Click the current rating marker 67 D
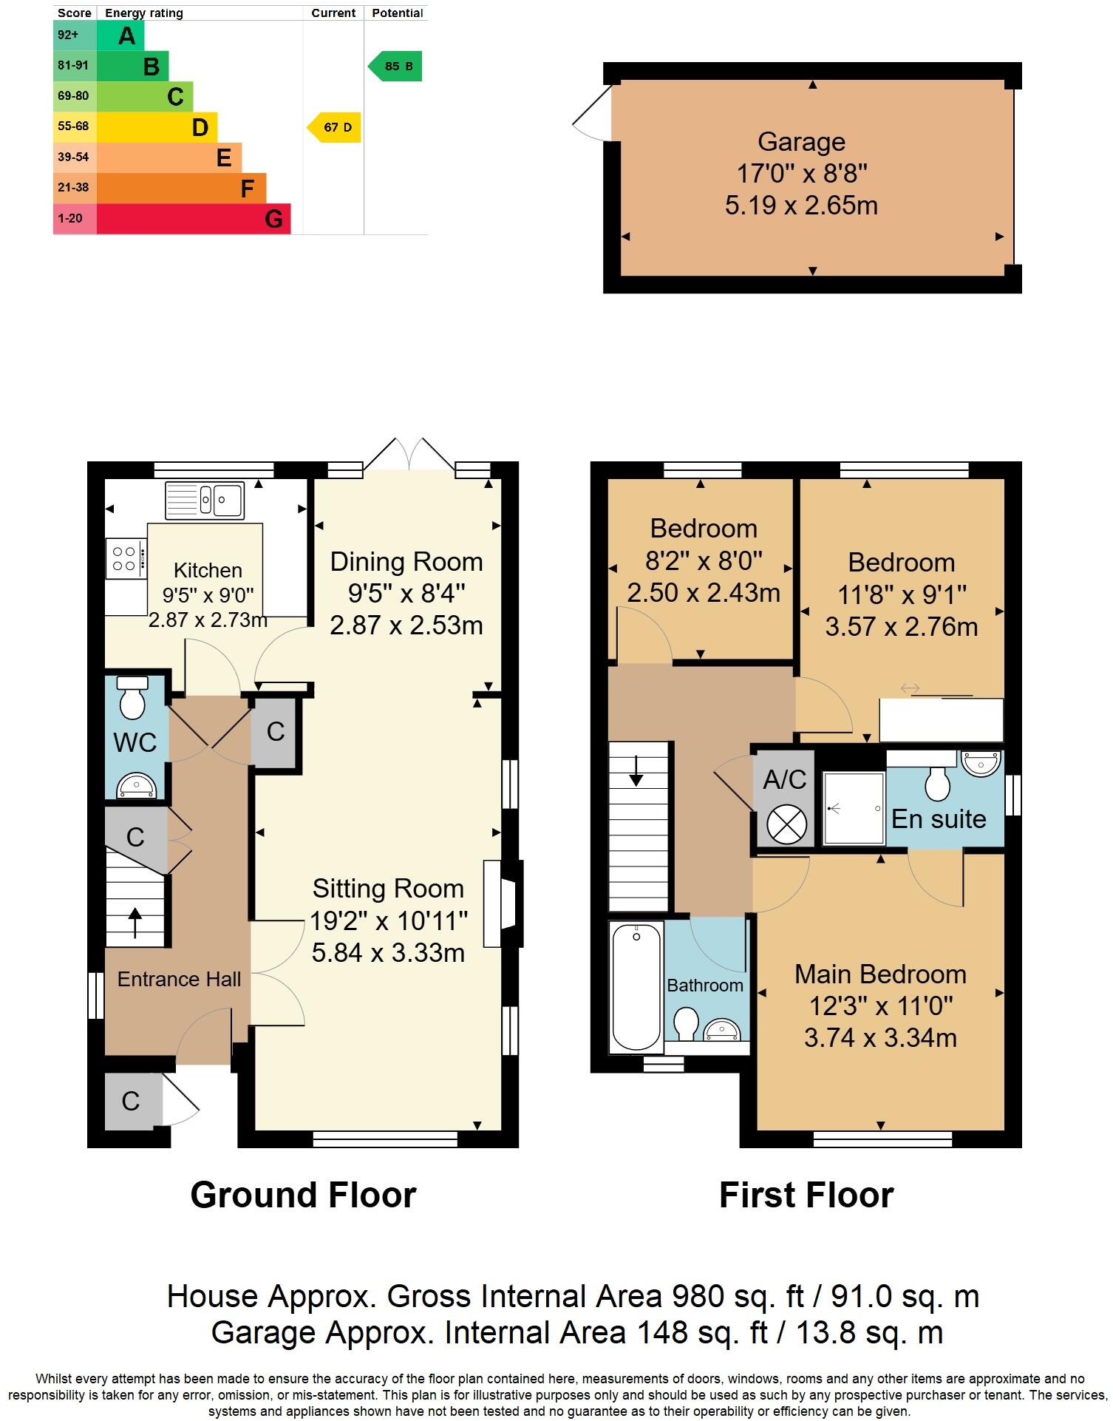(335, 127)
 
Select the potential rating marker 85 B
(396, 67)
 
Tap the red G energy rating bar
(194, 219)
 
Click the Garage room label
(801, 141)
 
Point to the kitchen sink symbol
(205, 501)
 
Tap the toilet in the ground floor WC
(133, 698)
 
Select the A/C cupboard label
(784, 779)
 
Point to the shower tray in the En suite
(854, 808)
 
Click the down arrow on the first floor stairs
(636, 776)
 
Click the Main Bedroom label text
(880, 974)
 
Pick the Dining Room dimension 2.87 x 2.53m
(406, 625)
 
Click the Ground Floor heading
(303, 1196)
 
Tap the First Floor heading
(806, 1196)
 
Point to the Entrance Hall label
(179, 979)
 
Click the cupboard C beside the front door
(131, 1101)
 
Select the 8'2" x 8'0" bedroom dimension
(703, 561)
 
